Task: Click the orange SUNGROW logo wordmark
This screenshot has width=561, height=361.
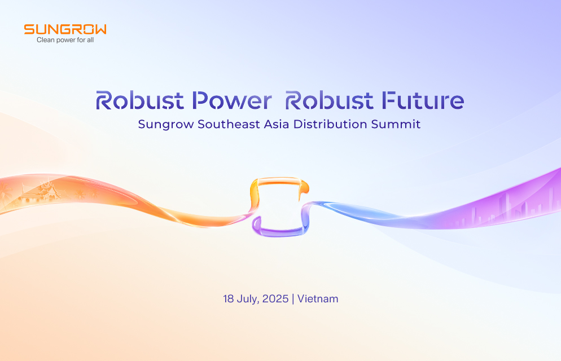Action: (65, 29)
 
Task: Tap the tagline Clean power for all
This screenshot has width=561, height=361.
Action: (65, 41)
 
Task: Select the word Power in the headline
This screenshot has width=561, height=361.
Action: (231, 101)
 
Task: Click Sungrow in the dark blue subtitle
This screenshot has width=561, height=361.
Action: (166, 125)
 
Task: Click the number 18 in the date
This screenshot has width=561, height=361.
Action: (229, 299)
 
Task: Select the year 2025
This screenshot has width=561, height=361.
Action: (275, 299)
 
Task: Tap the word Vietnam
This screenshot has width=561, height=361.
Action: (318, 299)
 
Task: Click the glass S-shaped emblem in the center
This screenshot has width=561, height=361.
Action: (280, 206)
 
